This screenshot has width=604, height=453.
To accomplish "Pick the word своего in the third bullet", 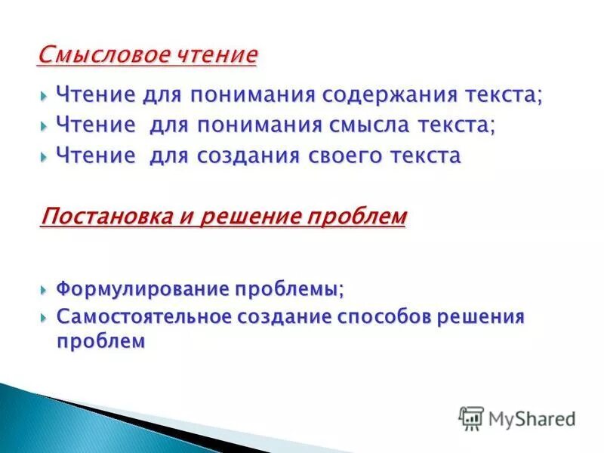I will click(339, 156).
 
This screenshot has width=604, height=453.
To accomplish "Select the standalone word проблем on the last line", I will click(100, 341).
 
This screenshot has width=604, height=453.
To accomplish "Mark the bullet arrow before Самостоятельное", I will click(45, 317).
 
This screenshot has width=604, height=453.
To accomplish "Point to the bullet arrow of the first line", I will click(45, 96).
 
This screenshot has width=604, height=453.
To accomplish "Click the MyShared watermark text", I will click(532, 418).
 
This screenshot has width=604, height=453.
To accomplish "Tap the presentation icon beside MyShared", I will click(471, 418).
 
